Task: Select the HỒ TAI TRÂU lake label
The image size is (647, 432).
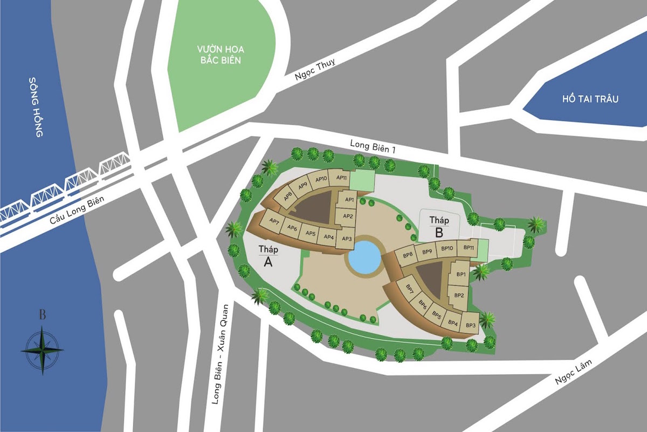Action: point(589,99)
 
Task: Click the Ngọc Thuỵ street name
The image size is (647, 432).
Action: point(315,70)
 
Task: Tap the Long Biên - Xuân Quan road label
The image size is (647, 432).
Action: point(221,354)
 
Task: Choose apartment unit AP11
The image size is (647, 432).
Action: point(341,178)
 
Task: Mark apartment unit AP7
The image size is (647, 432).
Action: point(273,221)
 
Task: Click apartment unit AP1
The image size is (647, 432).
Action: point(348,199)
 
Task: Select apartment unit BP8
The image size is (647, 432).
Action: point(408,254)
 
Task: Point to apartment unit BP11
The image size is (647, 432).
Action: point(469,248)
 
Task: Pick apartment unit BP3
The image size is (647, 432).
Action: point(471,325)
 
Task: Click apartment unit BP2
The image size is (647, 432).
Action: point(459,295)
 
